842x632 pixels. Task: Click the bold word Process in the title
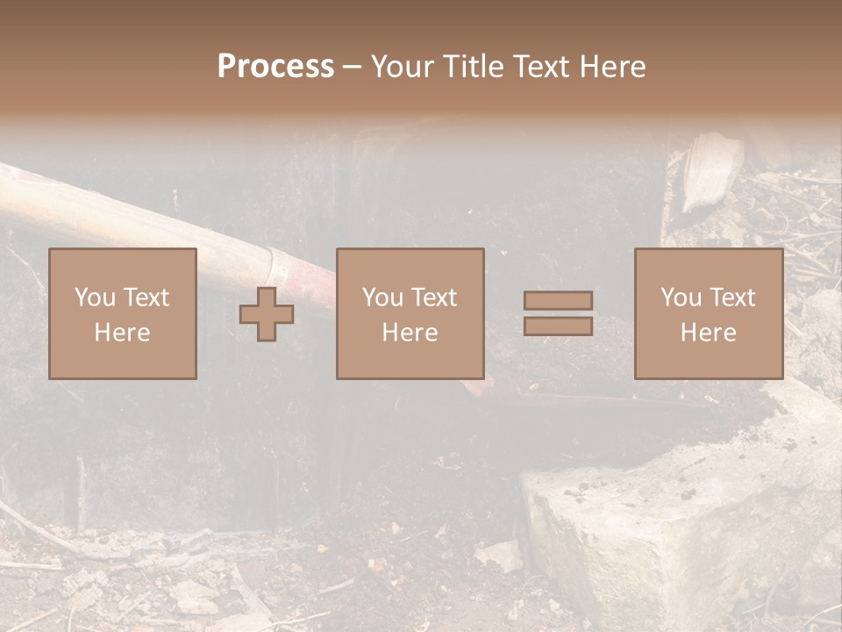click(x=275, y=67)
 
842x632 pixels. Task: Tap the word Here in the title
click(x=610, y=67)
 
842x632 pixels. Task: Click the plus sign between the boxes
click(x=267, y=314)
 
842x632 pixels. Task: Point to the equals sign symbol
click(x=558, y=313)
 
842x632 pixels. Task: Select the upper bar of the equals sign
click(x=558, y=300)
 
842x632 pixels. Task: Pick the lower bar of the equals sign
click(x=558, y=327)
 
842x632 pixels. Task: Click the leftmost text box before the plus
click(x=123, y=313)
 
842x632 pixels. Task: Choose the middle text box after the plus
click(x=410, y=313)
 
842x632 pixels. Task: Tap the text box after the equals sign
click(x=708, y=313)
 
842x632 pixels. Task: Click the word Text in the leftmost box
click(x=146, y=298)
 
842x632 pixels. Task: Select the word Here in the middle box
click(x=410, y=332)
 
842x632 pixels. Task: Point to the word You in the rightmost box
click(x=681, y=298)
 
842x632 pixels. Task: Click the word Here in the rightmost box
click(x=708, y=332)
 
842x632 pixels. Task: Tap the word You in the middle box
click(x=382, y=298)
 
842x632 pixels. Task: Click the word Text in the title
click(x=537, y=67)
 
